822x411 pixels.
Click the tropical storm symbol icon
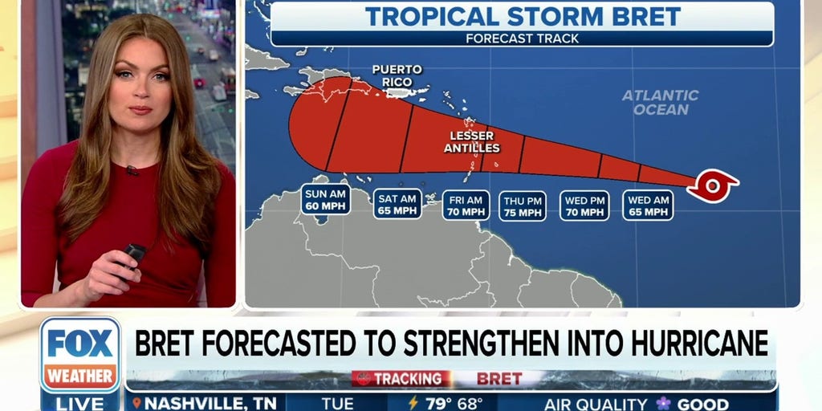pyautogui.click(x=712, y=186)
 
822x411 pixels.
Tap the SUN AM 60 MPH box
pyautogui.click(x=326, y=200)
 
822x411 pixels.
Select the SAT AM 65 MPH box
pyautogui.click(x=397, y=204)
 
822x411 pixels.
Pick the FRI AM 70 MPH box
pyautogui.click(x=466, y=205)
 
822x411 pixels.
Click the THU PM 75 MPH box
pyautogui.click(x=523, y=206)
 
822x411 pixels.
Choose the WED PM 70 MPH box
pyautogui.click(x=585, y=205)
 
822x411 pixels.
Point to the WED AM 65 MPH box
pyautogui.click(x=648, y=205)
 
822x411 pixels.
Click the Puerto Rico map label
pyautogui.click(x=397, y=75)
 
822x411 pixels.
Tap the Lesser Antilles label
pyautogui.click(x=472, y=142)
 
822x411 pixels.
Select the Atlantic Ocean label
pyautogui.click(x=661, y=102)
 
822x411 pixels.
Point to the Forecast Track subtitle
pyautogui.click(x=522, y=38)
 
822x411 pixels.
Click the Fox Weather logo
pyautogui.click(x=79, y=353)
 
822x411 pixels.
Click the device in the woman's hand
pyautogui.click(x=132, y=254)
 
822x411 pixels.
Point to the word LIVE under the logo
pyautogui.click(x=79, y=403)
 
